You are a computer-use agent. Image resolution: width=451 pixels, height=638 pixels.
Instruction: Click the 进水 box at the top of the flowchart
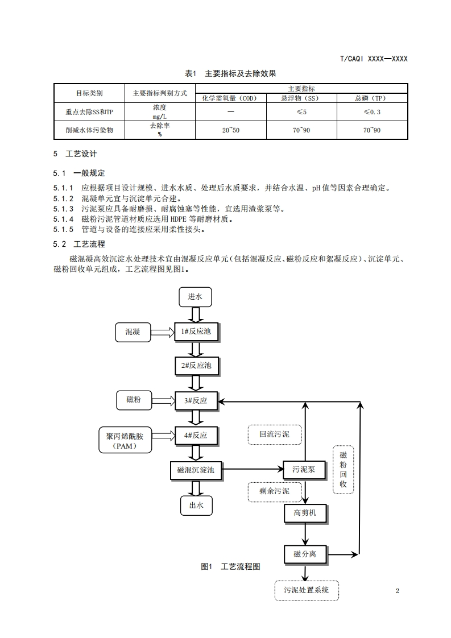point(195,296)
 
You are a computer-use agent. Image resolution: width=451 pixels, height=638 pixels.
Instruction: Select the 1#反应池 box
point(196,331)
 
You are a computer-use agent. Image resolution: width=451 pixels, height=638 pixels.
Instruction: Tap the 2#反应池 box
point(196,366)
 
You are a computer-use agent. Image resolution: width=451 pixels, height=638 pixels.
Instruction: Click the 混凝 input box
point(133,332)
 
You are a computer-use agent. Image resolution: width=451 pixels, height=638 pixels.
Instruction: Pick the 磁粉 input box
point(134,400)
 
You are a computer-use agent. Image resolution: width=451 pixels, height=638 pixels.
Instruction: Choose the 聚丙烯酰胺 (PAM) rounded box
point(125,440)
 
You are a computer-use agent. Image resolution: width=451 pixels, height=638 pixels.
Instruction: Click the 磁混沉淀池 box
point(196,470)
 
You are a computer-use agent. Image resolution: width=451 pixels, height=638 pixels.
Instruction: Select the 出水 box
point(196,504)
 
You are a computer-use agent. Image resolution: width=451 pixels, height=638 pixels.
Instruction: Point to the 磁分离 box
point(305,554)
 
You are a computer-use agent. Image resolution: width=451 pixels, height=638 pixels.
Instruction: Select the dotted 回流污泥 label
point(275,434)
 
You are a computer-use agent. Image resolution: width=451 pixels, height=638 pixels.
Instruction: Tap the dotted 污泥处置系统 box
point(306,590)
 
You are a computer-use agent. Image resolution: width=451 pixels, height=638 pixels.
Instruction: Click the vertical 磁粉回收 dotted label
point(343,470)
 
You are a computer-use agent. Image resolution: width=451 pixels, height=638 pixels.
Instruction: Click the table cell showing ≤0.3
point(372,112)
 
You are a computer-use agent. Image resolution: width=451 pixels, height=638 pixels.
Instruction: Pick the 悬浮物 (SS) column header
point(301,98)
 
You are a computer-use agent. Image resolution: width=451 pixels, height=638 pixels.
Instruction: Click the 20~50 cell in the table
point(231,130)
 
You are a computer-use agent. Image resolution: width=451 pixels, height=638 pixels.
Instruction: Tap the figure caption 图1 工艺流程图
point(230,566)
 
